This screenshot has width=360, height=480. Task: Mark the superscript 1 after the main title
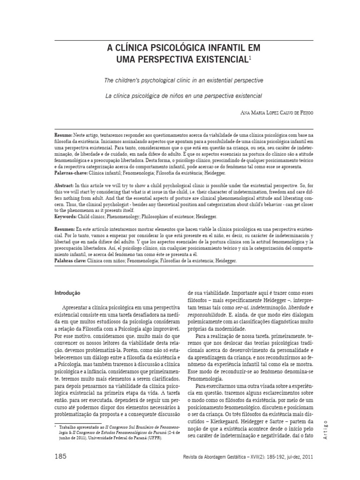tap(250, 58)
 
